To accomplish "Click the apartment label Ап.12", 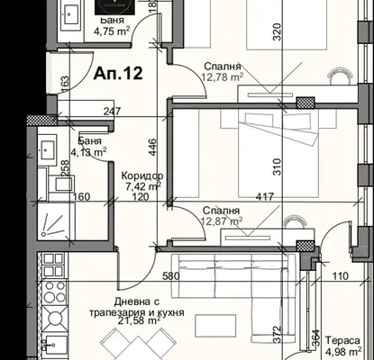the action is [118, 73].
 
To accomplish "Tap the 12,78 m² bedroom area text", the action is [223, 77].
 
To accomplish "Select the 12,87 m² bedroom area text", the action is [223, 221].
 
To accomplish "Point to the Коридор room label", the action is [142, 175].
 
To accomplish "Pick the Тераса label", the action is [342, 341].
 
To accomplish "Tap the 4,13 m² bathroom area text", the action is [88, 152].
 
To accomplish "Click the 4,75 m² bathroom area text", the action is [112, 31].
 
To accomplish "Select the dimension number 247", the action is [113, 112].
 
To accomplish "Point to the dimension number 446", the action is [152, 147].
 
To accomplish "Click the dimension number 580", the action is [171, 275].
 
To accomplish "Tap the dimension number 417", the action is [265, 197].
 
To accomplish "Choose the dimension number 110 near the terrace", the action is [341, 275].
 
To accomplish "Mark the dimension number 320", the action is [277, 31].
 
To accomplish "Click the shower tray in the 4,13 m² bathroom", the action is [56, 220].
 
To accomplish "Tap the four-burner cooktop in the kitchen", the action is [54, 292].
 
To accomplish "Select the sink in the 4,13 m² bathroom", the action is [48, 148].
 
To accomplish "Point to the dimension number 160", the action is [82, 197].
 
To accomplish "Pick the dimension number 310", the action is [277, 166].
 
